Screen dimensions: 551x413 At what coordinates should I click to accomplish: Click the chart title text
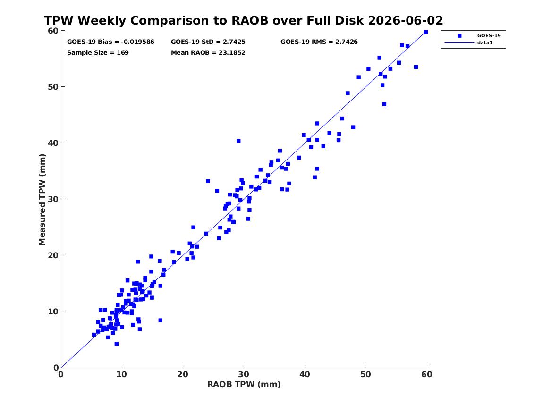[243, 20]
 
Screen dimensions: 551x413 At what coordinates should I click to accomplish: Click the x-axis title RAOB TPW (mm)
[244, 384]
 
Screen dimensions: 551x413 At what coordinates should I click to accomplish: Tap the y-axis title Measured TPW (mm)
[42, 200]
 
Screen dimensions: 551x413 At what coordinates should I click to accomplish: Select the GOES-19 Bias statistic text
[110, 42]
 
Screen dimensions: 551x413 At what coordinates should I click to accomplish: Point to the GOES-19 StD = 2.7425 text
[208, 42]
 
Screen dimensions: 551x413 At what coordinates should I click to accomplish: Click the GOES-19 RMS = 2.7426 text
[319, 42]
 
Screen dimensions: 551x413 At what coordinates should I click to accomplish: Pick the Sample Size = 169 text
[98, 53]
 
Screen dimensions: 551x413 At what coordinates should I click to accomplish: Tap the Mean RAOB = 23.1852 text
[208, 53]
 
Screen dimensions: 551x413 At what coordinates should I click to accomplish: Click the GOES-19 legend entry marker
[459, 35]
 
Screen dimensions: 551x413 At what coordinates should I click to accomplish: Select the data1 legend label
[485, 43]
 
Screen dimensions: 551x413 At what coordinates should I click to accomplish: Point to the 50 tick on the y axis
[53, 87]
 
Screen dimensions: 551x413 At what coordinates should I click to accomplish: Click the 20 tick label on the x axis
[183, 374]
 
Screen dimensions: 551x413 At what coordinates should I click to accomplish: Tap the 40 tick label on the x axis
[305, 374]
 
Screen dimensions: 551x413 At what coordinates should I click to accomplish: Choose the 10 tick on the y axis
[53, 312]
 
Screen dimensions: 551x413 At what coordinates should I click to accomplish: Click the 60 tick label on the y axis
[53, 31]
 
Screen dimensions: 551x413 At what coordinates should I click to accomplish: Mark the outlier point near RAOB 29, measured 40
[238, 141]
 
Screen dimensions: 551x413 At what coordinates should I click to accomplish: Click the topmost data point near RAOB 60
[425, 32]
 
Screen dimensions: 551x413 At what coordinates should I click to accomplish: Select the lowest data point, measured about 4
[116, 344]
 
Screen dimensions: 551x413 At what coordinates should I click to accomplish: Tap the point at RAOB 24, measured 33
[208, 181]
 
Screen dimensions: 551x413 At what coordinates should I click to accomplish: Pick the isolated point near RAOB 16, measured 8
[160, 320]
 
